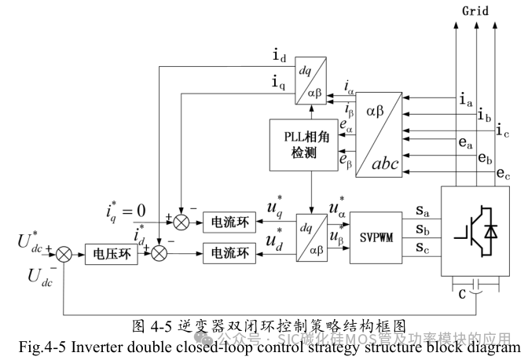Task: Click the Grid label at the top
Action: coord(475,13)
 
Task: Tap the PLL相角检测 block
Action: coord(300,144)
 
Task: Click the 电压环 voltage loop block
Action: coord(112,253)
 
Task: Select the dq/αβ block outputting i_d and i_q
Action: coord(310,82)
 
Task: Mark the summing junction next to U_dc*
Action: coord(64,253)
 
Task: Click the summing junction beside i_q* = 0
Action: coord(181,222)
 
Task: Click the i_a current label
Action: coord(465,100)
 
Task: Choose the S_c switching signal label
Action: coord(422,249)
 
